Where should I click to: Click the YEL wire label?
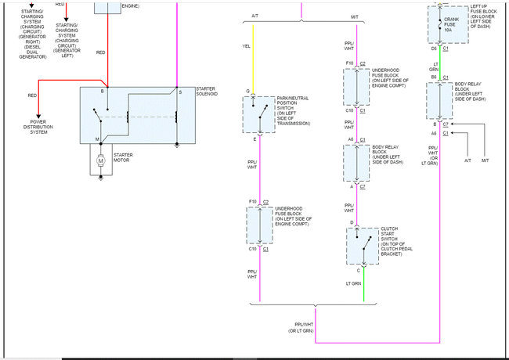tap(247, 46)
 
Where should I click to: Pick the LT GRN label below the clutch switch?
tap(355, 283)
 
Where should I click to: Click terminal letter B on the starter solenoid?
tap(103, 92)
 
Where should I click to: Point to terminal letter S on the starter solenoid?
tap(180, 92)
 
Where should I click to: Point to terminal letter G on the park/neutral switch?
tap(247, 92)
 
